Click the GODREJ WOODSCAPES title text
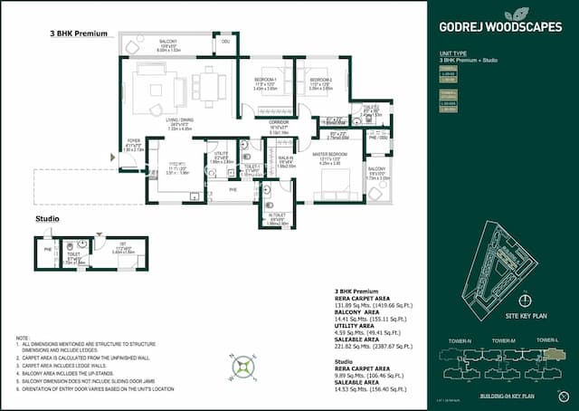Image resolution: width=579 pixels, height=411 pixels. pyautogui.click(x=499, y=26)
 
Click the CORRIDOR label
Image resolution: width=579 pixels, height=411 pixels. pyautogui.click(x=279, y=122)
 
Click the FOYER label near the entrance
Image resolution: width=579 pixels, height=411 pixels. pyautogui.click(x=133, y=140)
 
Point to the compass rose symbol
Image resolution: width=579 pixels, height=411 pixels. pyautogui.click(x=242, y=367)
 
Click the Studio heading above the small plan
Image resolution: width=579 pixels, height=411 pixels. pyautogui.click(x=47, y=219)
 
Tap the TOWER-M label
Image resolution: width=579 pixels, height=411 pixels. pyautogui.click(x=504, y=339)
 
